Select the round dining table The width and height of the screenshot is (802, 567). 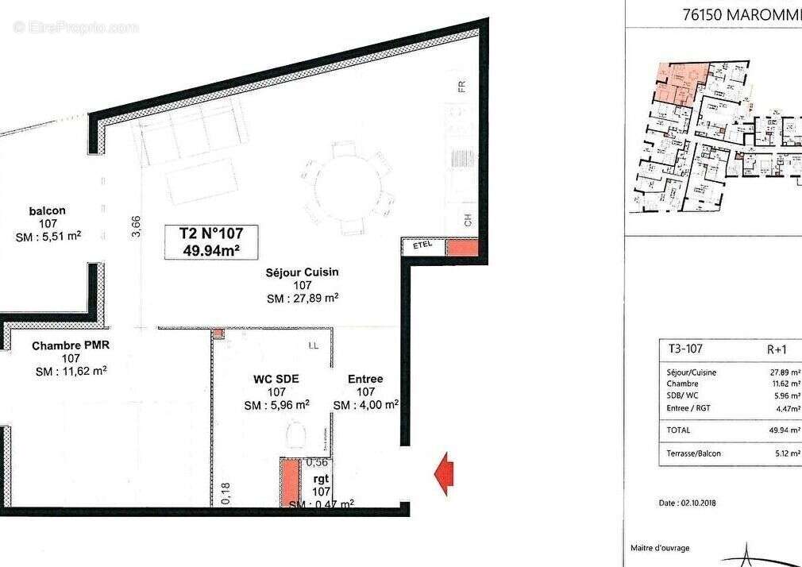(x=348, y=188)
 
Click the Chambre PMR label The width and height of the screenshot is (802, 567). (x=70, y=346)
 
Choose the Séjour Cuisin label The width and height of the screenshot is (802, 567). (x=302, y=272)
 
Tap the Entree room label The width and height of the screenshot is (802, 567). (x=365, y=379)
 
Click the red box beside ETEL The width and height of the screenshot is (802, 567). (x=461, y=246)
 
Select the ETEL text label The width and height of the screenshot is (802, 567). (x=423, y=246)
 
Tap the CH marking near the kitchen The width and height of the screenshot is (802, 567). (x=468, y=221)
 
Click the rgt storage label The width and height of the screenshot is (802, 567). (x=322, y=479)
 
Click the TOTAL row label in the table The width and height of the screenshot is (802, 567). (x=679, y=430)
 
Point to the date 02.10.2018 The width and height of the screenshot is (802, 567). (x=688, y=503)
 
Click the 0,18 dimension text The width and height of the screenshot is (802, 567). (x=226, y=492)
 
